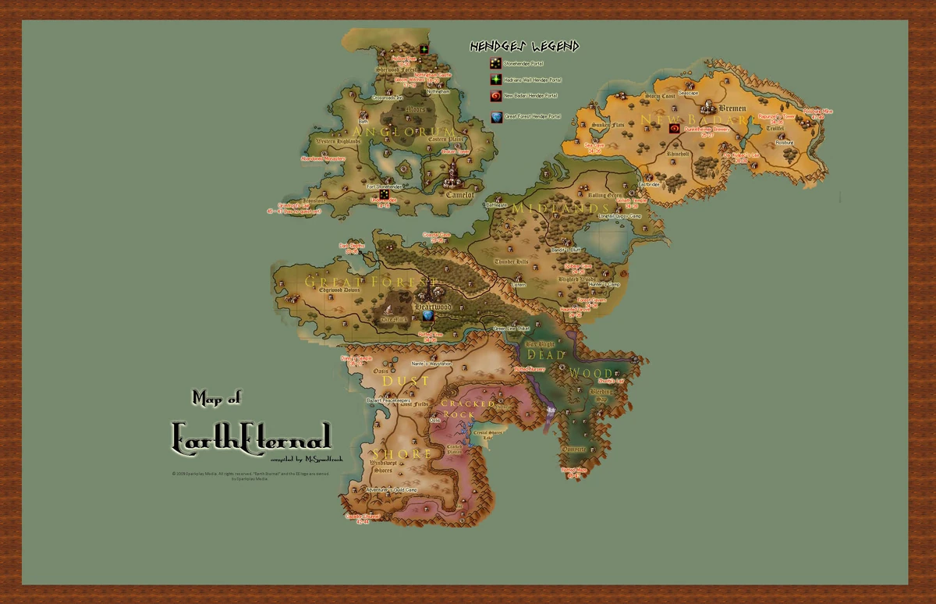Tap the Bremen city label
(732, 108)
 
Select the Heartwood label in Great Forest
(433, 307)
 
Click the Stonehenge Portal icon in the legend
(495, 62)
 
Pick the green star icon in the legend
(495, 80)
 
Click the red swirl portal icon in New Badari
(674, 128)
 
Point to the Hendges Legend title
(524, 47)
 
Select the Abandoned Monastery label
(323, 158)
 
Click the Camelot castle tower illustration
(452, 173)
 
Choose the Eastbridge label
(649, 184)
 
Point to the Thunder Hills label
(512, 261)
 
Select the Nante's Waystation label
(430, 364)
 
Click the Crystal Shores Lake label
(489, 435)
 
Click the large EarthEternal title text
(251, 435)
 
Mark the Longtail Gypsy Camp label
(619, 215)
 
